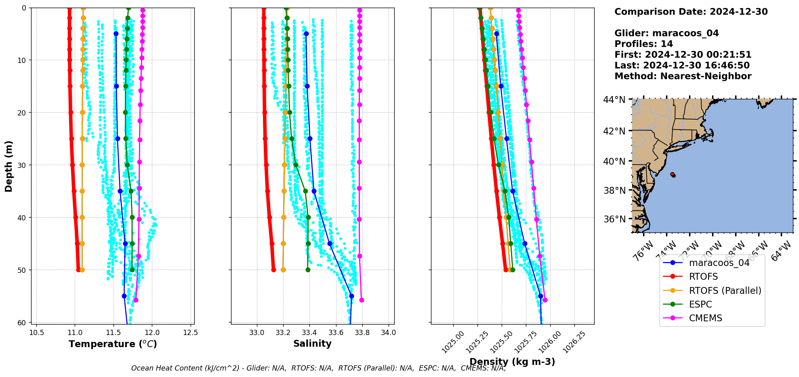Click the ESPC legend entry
coord(700,304)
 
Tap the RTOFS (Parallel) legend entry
coord(725,291)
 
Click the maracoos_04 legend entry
coord(719,263)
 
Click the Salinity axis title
coord(312,343)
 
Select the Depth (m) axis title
coord(8,166)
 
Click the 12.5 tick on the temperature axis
coord(190,333)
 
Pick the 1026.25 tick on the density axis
coord(574,342)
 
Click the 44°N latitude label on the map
coord(614,100)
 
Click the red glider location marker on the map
coord(673,174)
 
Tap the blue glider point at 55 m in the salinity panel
coord(351,296)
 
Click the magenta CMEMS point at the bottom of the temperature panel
coord(136,300)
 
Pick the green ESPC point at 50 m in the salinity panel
coord(308,270)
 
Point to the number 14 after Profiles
coord(667,44)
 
